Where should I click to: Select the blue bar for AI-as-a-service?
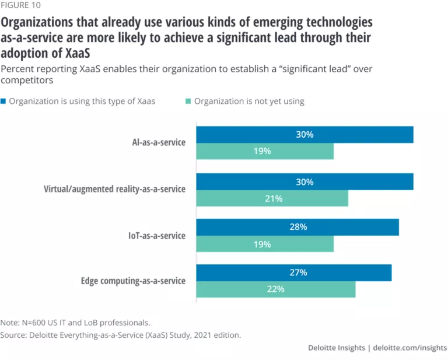304,135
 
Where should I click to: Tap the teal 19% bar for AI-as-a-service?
265,152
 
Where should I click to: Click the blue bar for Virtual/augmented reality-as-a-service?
304,182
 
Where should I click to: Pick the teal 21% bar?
272,198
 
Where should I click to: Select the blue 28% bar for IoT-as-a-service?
297,228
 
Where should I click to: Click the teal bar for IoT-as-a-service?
265,244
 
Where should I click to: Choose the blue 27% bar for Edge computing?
294,273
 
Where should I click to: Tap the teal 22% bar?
275,289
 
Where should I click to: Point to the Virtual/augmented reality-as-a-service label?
115,190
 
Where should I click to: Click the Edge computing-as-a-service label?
132,281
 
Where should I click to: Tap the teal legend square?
188,102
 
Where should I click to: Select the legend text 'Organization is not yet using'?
249,102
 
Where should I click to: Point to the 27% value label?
297,272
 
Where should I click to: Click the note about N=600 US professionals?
76,322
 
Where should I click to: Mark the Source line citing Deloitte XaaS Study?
121,335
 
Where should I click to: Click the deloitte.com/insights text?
411,348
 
